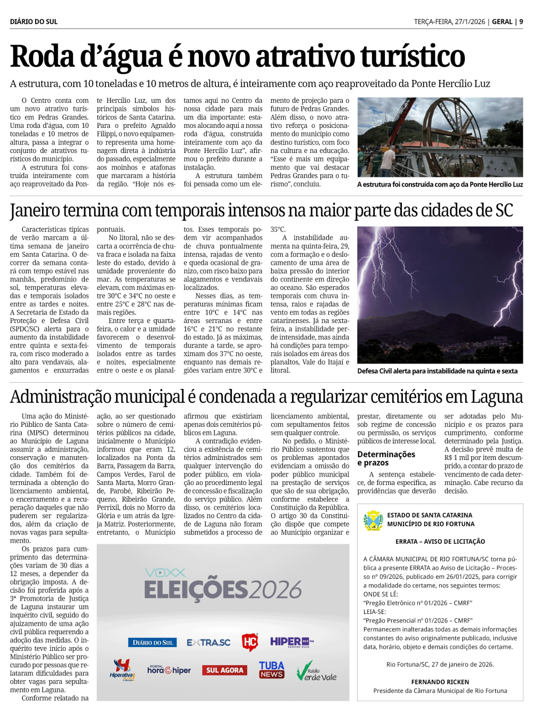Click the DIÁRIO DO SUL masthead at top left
pos(34,22)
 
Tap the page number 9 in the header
pos(521,22)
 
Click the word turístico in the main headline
pos(413,56)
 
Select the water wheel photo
pos(440,137)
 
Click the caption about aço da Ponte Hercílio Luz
pos(440,184)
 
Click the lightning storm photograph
pos(440,295)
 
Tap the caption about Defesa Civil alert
pos(437,371)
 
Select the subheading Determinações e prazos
pos(386,458)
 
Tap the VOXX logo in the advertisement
pos(165,572)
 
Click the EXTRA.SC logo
pos(208,643)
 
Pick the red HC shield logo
pos(250,642)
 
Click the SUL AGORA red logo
pos(224,670)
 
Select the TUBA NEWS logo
pos(271,669)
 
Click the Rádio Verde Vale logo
pos(317,672)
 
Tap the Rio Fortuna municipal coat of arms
pos(374,520)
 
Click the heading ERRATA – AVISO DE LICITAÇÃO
pos(440,542)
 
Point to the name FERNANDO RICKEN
pos(440,682)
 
